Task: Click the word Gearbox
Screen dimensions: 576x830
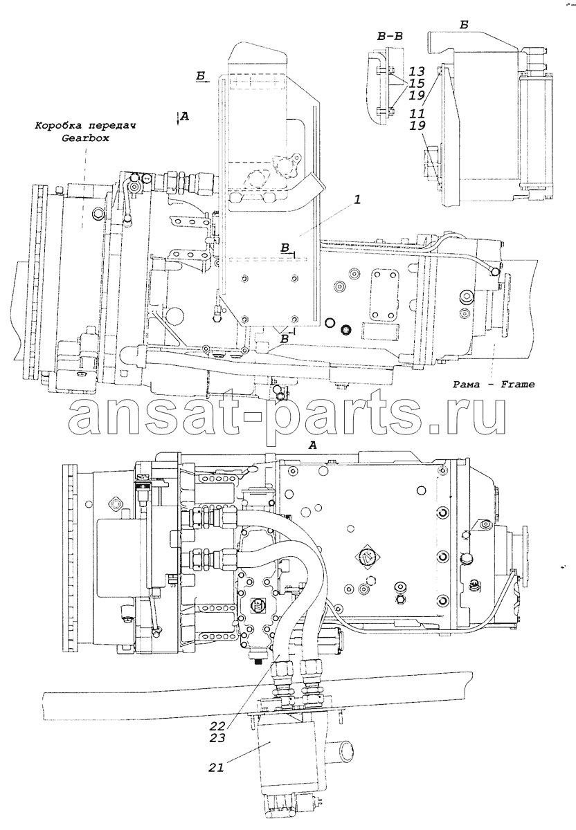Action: [x=85, y=138]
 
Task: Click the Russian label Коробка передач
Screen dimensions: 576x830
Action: [x=85, y=126]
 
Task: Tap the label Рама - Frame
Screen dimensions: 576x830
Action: [x=494, y=385]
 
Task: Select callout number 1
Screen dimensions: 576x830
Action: [x=357, y=201]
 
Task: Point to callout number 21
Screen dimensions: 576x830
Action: [x=216, y=767]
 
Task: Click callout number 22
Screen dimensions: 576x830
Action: [x=217, y=724]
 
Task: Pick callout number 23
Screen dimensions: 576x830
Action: [x=217, y=737]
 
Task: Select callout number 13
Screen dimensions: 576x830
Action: [x=417, y=71]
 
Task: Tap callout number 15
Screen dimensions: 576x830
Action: [x=417, y=84]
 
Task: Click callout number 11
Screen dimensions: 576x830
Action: [x=417, y=113]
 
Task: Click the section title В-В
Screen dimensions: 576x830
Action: [x=390, y=36]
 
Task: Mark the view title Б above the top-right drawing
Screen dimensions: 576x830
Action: [x=464, y=25]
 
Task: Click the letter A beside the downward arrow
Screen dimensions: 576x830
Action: [x=185, y=116]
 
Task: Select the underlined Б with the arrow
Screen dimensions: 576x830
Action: [x=201, y=76]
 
